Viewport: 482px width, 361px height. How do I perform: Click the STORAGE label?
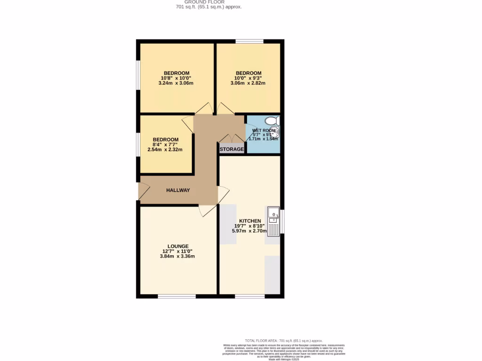232,149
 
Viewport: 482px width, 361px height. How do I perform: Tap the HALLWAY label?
178,190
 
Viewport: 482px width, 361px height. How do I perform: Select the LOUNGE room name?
178,246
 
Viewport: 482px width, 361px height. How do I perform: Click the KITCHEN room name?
250,221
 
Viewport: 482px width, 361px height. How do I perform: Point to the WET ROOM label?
264,131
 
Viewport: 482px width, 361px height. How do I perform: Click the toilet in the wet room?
272,121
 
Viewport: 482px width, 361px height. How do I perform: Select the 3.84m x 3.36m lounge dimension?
178,257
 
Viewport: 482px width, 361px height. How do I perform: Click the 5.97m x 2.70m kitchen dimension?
250,231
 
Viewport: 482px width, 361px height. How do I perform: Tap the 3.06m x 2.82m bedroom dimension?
248,83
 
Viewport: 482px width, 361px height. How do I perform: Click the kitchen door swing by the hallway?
224,194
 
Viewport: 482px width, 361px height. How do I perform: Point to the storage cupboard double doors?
232,138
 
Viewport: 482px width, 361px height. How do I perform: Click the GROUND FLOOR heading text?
204,2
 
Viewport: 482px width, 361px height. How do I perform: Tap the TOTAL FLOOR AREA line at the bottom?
283,340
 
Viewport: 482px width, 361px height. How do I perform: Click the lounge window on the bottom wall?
177,296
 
